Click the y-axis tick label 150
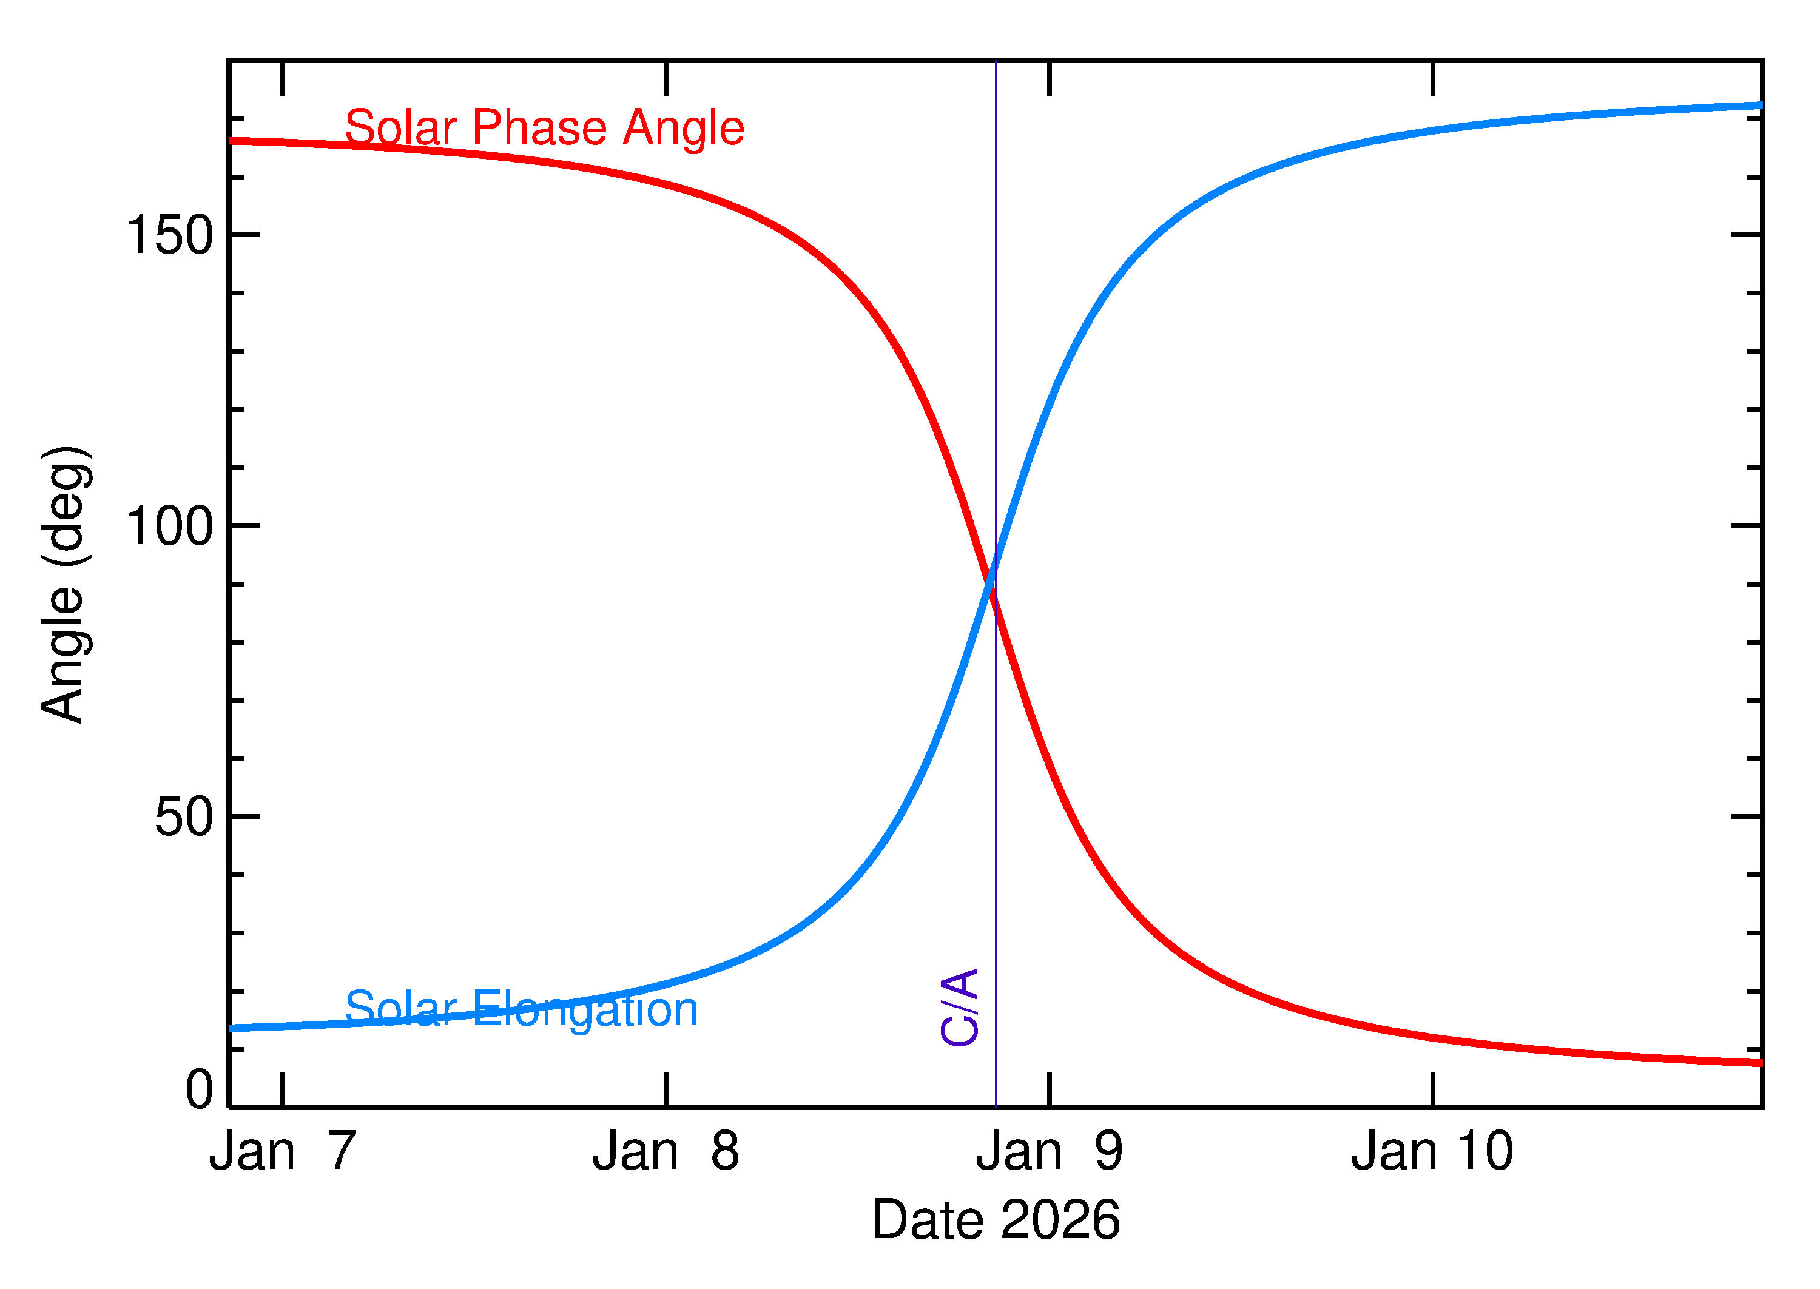[170, 236]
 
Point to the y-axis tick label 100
[170, 527]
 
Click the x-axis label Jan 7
[283, 1152]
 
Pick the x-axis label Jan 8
[666, 1152]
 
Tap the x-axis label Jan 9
[1050, 1152]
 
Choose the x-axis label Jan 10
[1433, 1152]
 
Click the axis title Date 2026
[996, 1220]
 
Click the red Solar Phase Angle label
[545, 128]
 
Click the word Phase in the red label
[540, 128]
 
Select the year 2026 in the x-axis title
[1060, 1220]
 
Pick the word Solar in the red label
[401, 128]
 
